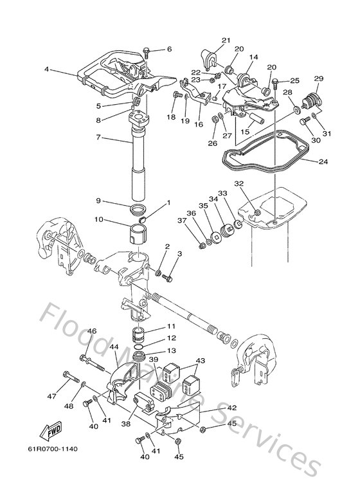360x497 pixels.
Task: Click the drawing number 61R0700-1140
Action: [x=52, y=449]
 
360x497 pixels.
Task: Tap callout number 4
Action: [x=47, y=69]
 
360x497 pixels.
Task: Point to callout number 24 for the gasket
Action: [x=321, y=161]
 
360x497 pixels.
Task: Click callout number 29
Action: [x=318, y=78]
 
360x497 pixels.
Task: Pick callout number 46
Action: [x=92, y=331]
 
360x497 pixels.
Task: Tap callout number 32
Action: [x=239, y=183]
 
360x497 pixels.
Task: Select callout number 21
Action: [x=226, y=41]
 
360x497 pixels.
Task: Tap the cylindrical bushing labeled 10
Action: [x=139, y=231]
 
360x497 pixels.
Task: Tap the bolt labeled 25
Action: [x=274, y=82]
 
